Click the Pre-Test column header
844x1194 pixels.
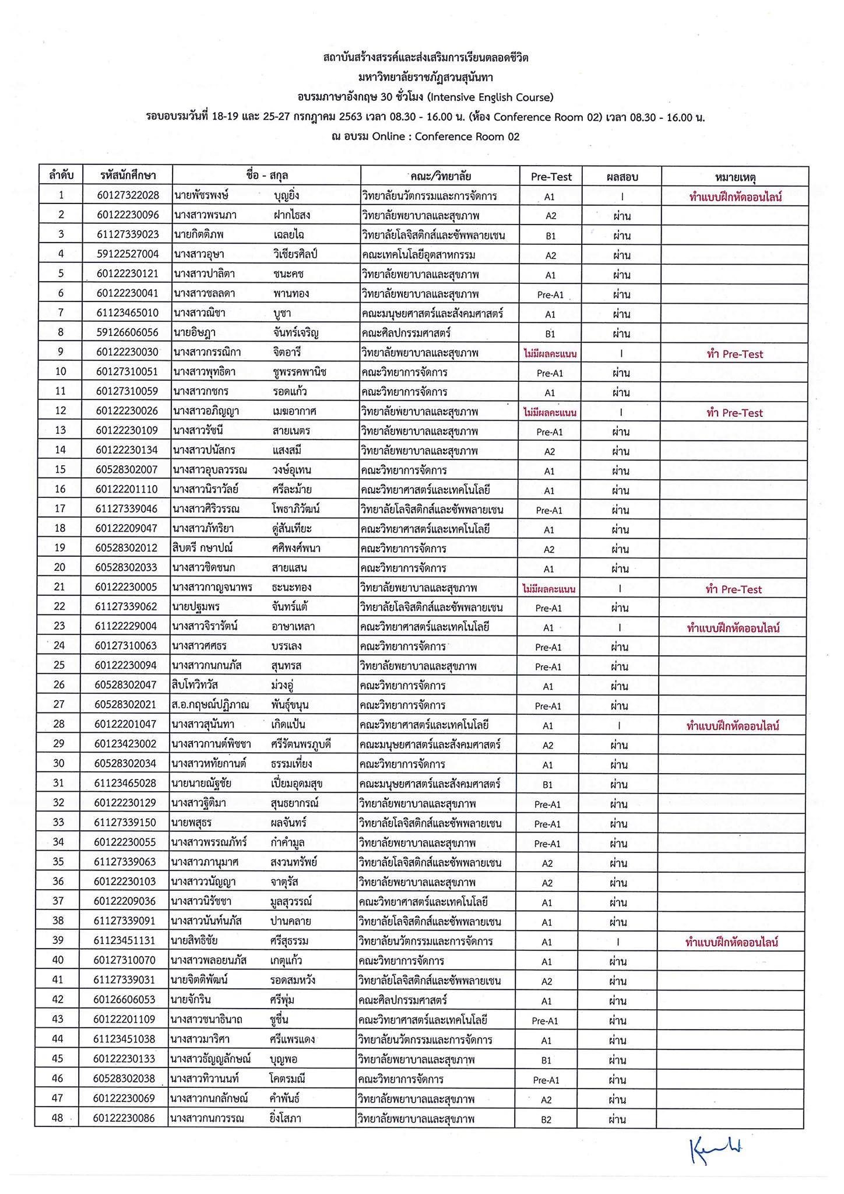click(551, 177)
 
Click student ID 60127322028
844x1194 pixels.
click(128, 195)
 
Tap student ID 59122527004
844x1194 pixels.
click(128, 254)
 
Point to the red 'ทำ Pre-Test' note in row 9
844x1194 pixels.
click(734, 354)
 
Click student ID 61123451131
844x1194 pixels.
click(125, 941)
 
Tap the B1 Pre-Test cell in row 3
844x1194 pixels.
click(550, 236)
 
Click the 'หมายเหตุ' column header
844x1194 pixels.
click(734, 177)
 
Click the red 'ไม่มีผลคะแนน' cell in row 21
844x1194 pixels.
click(549, 589)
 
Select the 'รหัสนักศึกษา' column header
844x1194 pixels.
click(128, 175)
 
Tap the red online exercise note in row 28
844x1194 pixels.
click(733, 726)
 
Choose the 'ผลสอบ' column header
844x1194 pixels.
click(622, 177)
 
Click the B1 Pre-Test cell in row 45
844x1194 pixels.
click(546, 1060)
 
